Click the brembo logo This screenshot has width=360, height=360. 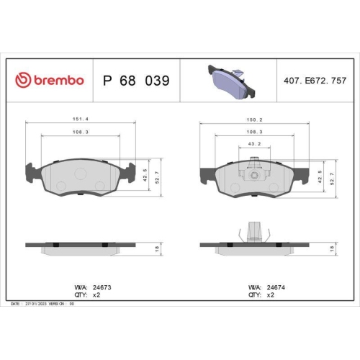[50, 81]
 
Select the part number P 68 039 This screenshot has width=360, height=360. [136, 81]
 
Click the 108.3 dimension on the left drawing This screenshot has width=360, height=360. [81, 132]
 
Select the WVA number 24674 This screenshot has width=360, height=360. [276, 287]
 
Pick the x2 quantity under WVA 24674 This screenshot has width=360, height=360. [271, 295]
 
